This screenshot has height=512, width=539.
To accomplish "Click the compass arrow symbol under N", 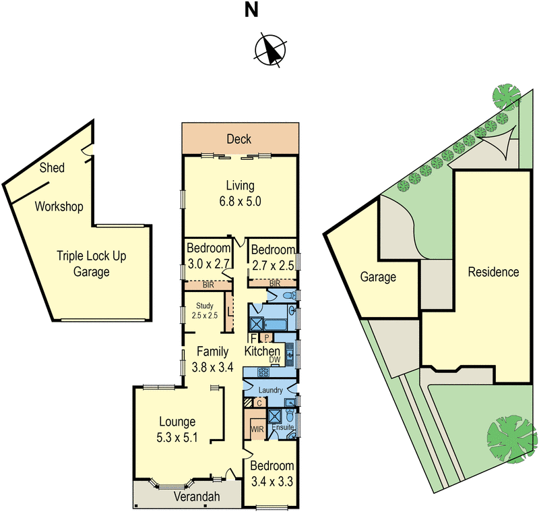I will [x=269, y=49].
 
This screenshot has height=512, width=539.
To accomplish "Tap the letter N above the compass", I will [x=251, y=10].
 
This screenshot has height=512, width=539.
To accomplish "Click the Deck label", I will [x=239, y=139].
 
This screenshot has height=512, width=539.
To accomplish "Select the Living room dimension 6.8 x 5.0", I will [x=239, y=201].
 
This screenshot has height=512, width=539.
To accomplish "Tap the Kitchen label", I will [x=262, y=351].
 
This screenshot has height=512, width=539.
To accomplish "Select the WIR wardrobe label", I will [x=256, y=428].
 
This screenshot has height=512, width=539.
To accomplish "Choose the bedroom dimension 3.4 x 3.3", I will [x=272, y=481].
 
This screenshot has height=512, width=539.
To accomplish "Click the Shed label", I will [x=52, y=168].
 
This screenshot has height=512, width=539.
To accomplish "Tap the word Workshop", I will [x=59, y=206].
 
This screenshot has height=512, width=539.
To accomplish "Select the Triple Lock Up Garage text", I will [x=92, y=264].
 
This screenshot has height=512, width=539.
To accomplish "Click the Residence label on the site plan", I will [x=494, y=272].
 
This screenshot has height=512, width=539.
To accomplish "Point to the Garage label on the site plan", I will [x=378, y=277].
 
